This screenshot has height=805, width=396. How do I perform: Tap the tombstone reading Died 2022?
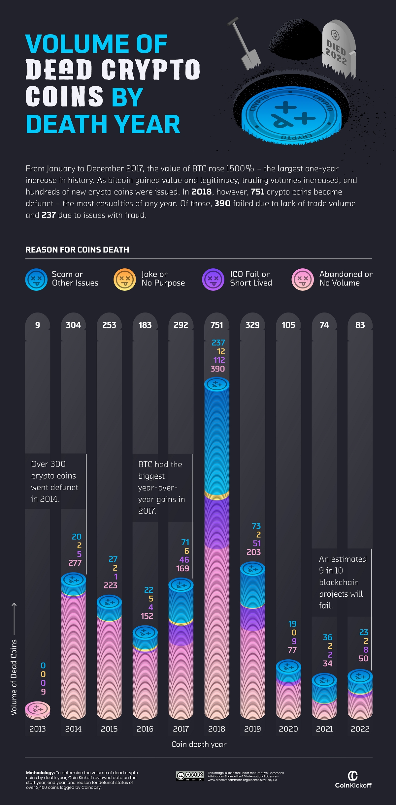coord(338,49)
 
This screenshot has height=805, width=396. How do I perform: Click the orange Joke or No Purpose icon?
coord(124,280)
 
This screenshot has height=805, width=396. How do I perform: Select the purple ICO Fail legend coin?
coord(213,280)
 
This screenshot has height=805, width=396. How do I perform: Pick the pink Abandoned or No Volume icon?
coord(302,280)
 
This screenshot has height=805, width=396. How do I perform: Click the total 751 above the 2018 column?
coord(217,325)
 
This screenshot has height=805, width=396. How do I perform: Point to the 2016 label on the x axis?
coord(145,729)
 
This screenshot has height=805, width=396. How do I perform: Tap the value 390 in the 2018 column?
coord(218,369)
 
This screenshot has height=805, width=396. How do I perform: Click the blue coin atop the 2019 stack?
coord(252,569)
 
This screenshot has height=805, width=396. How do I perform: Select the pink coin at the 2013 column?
coord(38,708)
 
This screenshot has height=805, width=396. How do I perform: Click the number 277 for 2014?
coord(75,563)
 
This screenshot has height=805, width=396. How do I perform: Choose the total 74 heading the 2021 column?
coord(324,325)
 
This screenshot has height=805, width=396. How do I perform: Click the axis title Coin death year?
coord(199,744)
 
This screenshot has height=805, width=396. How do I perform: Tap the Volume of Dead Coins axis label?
coord(14,677)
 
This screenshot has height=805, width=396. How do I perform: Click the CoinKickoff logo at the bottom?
coord(353,780)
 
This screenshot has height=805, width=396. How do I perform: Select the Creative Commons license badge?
coord(190,776)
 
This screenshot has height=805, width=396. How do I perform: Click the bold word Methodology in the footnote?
coord(40,773)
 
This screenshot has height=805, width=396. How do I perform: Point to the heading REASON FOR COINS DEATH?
coord(77,250)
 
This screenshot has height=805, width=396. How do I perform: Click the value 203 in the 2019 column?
coord(253,552)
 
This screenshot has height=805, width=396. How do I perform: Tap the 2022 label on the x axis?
coord(360,729)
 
